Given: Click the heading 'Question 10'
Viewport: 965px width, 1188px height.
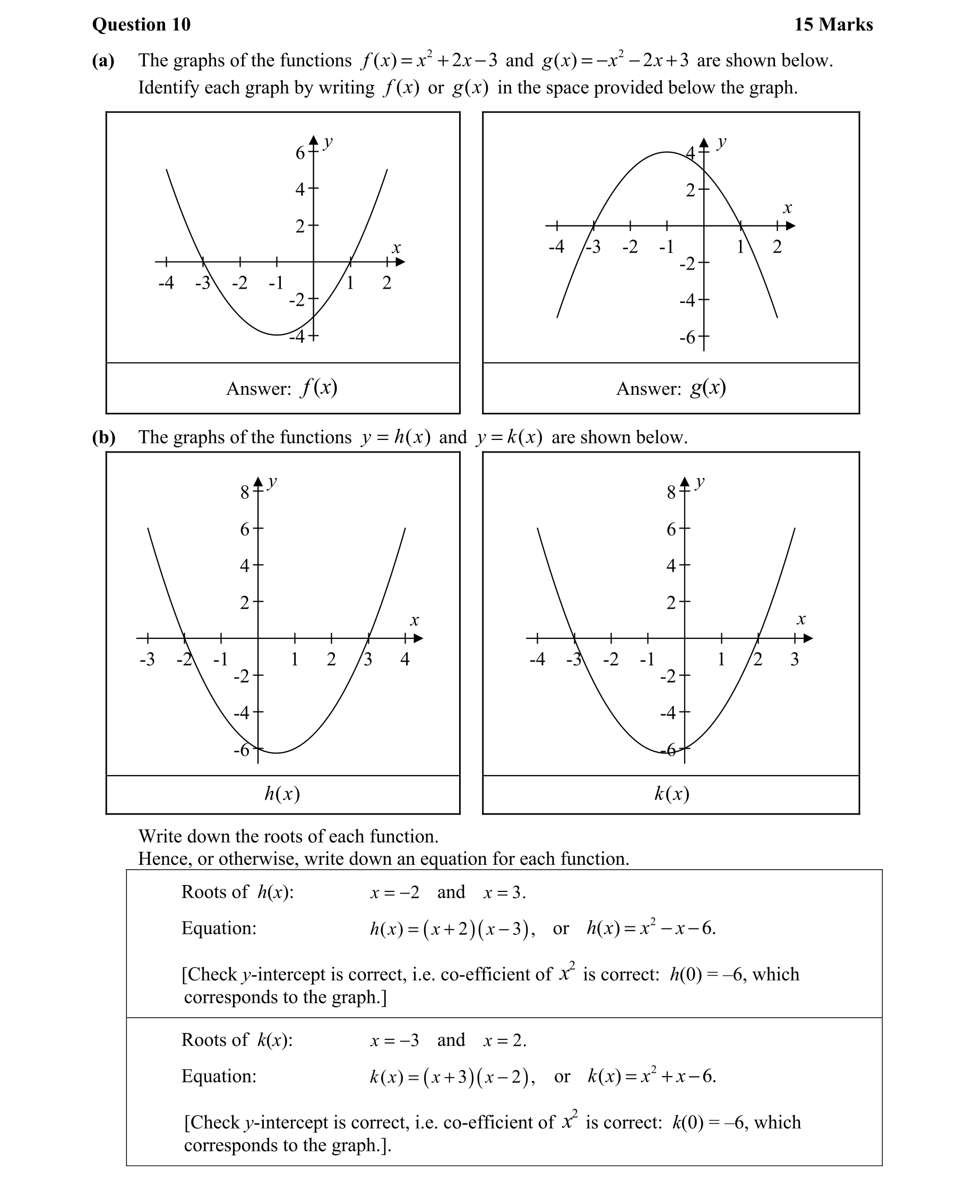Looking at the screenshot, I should [x=141, y=24].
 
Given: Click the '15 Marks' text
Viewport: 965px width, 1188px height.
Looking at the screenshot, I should [x=833, y=24].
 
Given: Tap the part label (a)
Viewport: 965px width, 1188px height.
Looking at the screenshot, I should [x=103, y=60].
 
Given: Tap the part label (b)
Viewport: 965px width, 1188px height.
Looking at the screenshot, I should [x=104, y=437].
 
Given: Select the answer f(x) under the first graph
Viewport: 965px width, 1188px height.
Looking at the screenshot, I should [x=319, y=388].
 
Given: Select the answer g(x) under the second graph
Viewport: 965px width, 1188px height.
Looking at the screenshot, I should [x=708, y=388].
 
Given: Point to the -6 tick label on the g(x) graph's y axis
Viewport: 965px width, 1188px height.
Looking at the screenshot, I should [x=687, y=337].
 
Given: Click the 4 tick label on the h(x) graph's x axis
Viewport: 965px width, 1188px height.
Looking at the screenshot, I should [x=404, y=660].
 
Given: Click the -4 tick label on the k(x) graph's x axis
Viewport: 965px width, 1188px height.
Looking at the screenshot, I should [x=537, y=660].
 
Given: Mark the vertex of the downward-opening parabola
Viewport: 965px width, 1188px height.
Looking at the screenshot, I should [x=667, y=152].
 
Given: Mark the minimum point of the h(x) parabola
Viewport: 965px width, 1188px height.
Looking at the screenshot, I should [x=276, y=753].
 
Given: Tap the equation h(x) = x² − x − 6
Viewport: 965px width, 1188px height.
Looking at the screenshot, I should [x=651, y=929].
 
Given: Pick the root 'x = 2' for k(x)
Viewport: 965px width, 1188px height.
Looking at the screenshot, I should [x=505, y=1040].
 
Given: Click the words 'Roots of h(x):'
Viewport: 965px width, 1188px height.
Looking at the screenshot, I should [x=237, y=892].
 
